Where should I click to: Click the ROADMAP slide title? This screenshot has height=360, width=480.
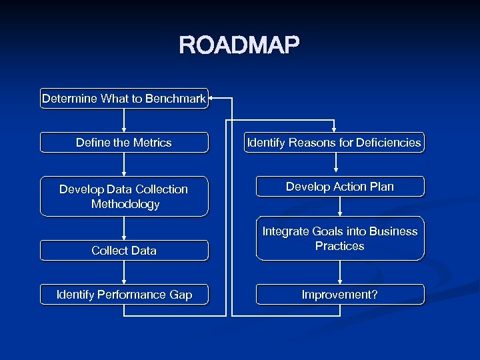tap(239, 45)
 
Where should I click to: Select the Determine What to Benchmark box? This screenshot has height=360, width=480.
tap(124, 99)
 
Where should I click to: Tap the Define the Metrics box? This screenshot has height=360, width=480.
tap(124, 143)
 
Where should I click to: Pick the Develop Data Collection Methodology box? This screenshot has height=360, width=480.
tap(124, 197)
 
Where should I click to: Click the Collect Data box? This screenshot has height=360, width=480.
tap(124, 251)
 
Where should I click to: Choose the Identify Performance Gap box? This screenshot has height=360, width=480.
tap(124, 295)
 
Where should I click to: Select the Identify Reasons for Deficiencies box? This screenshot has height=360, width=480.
tap(334, 143)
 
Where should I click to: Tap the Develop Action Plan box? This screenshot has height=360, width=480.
tap(340, 187)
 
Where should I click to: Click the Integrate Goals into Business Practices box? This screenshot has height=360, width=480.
tap(340, 239)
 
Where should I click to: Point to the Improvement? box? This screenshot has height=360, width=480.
tap(340, 295)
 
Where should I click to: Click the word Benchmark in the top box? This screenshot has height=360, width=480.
tap(175, 99)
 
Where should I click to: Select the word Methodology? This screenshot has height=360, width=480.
tap(125, 204)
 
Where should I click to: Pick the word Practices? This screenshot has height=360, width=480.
tap(340, 246)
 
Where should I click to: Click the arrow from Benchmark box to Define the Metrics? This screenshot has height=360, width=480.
tap(124, 121)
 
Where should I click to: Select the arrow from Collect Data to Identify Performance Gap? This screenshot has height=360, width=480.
tap(124, 273)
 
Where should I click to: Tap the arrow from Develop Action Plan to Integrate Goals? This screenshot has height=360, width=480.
tap(340, 207)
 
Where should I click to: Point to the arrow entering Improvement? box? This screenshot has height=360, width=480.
tap(340, 273)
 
